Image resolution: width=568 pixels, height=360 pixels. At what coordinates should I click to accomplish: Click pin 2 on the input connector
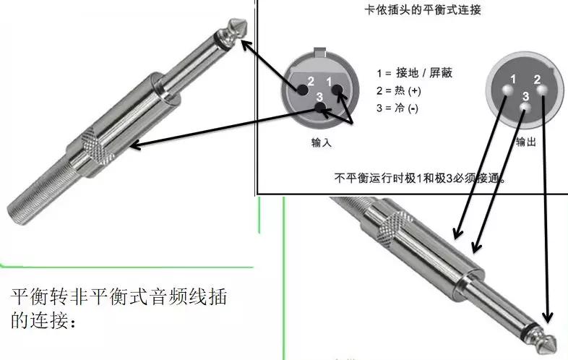(301, 89)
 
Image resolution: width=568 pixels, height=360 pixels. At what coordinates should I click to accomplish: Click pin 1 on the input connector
(336, 89)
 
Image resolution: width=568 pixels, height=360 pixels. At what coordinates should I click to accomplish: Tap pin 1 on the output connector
(509, 90)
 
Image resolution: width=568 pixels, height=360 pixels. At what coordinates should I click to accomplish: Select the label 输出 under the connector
(525, 142)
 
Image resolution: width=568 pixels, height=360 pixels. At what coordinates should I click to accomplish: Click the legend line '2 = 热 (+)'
(398, 90)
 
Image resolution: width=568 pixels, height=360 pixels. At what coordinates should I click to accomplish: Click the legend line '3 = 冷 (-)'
(397, 108)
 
